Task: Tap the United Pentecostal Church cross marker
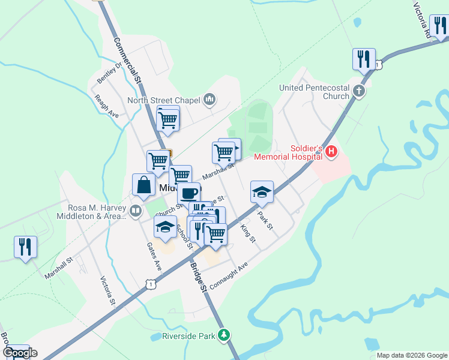pyautogui.click(x=359, y=92)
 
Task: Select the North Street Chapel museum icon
pyautogui.click(x=209, y=99)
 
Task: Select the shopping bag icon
pyautogui.click(x=144, y=185)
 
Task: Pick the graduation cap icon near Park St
pyautogui.click(x=262, y=192)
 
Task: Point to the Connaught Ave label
pyautogui.click(x=229, y=274)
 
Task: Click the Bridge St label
pyautogui.click(x=199, y=276)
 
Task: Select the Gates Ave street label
pyautogui.click(x=154, y=255)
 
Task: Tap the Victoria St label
pyautogui.click(x=107, y=291)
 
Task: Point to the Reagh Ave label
pyautogui.click(x=106, y=106)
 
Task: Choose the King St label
pyautogui.click(x=247, y=233)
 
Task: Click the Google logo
pyautogui.click(x=20, y=353)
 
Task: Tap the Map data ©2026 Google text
pyautogui.click(x=411, y=355)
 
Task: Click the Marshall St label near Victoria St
pyautogui.click(x=58, y=268)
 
